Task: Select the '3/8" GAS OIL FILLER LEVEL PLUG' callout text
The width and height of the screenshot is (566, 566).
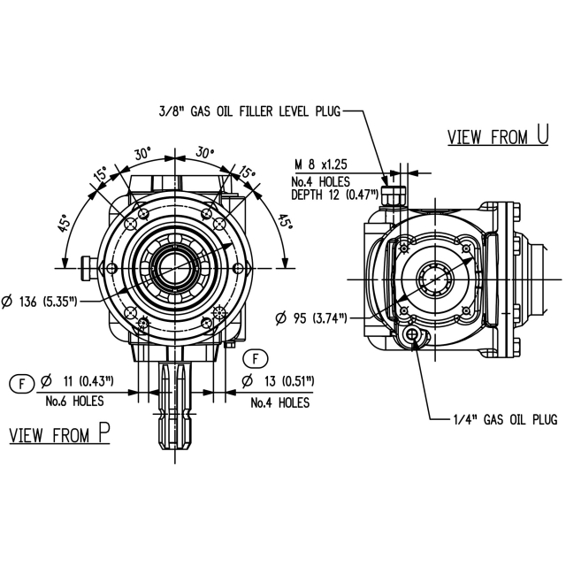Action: point(249,111)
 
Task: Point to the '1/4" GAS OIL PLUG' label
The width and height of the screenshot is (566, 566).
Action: point(505,419)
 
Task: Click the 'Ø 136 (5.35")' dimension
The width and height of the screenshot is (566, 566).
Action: point(40,302)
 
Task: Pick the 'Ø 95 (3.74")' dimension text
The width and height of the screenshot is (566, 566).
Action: point(310,318)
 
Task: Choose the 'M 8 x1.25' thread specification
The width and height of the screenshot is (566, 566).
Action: point(321,164)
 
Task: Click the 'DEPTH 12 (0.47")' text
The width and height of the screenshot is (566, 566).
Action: point(335,195)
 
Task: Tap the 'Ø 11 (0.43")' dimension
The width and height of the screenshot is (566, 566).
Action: point(77,381)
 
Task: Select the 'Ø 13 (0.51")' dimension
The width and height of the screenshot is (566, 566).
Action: point(278,381)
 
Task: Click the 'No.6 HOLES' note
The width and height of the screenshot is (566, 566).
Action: point(74,401)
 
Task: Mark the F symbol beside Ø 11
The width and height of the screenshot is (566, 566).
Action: point(21,383)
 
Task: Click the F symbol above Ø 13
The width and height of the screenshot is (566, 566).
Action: point(256,359)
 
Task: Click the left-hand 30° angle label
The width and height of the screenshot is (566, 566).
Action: point(143,154)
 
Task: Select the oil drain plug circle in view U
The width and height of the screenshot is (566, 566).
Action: point(412,334)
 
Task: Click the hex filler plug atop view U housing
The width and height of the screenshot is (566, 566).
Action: point(393,197)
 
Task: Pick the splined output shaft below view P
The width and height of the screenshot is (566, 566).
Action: point(175,406)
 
